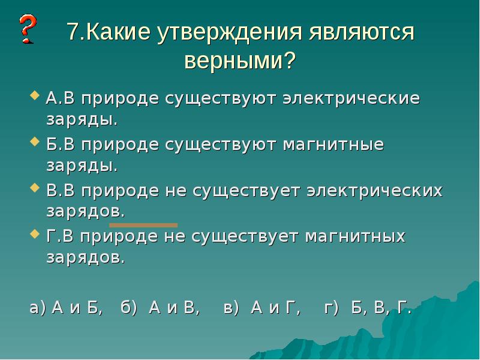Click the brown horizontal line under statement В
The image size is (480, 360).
pos(143,225)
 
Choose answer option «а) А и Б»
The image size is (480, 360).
pos(66,309)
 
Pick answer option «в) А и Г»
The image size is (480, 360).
pos(262,309)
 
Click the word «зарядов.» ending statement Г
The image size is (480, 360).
pos(86,258)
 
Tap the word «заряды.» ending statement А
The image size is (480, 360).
pos(82,119)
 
